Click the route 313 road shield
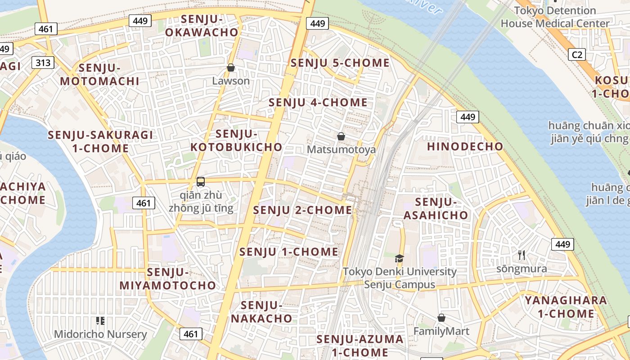tap(43, 63)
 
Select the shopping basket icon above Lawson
tap(231, 68)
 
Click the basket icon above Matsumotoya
tap(341, 136)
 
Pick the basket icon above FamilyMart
tap(441, 318)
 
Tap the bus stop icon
tap(201, 182)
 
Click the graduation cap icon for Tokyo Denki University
tap(399, 258)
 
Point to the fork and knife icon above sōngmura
tap(522, 255)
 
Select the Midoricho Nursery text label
tap(100, 334)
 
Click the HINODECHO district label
tap(465, 147)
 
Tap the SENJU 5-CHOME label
tap(340, 63)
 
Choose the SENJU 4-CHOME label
tap(318, 103)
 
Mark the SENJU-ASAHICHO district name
tap(436, 209)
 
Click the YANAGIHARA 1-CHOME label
tap(566, 307)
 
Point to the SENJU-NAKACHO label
tap(261, 312)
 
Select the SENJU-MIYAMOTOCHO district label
tap(168, 279)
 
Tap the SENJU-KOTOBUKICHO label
tap(237, 140)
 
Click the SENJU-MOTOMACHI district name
tap(99, 75)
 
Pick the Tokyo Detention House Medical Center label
tap(555, 17)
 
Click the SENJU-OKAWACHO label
tap(202, 26)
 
